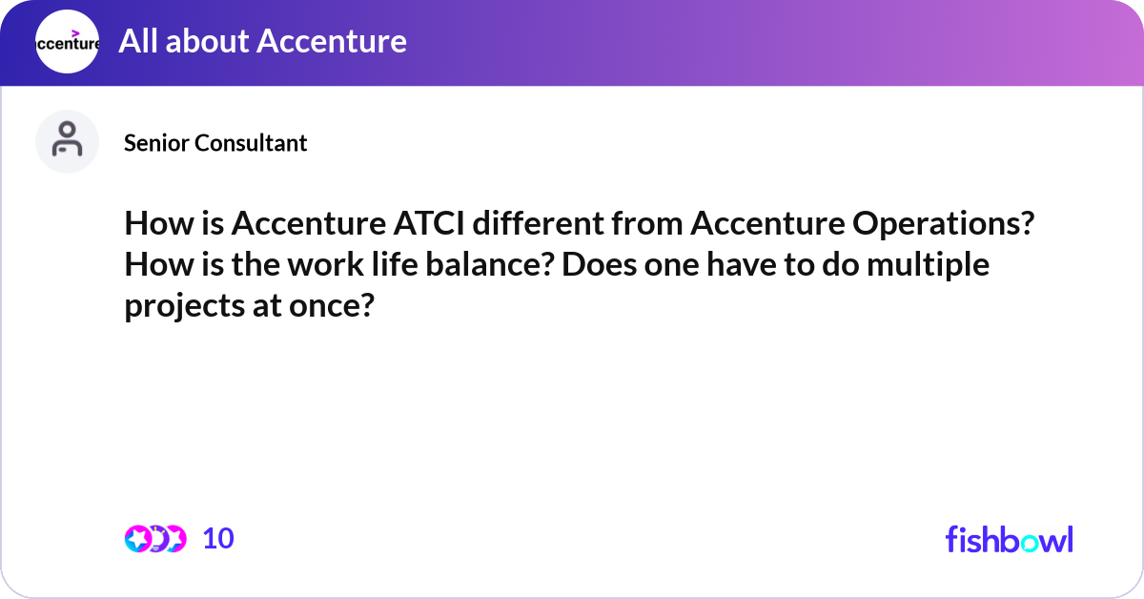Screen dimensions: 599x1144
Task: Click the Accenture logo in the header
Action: click(x=67, y=42)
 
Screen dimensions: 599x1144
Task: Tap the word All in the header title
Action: click(x=137, y=41)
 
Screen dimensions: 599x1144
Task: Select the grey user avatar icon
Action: click(x=67, y=141)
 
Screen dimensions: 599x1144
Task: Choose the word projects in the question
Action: click(x=182, y=307)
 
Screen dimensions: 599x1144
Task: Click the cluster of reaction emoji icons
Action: click(x=154, y=539)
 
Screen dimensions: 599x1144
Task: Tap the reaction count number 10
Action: click(x=218, y=539)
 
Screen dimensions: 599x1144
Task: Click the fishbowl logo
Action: click(x=1009, y=539)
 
